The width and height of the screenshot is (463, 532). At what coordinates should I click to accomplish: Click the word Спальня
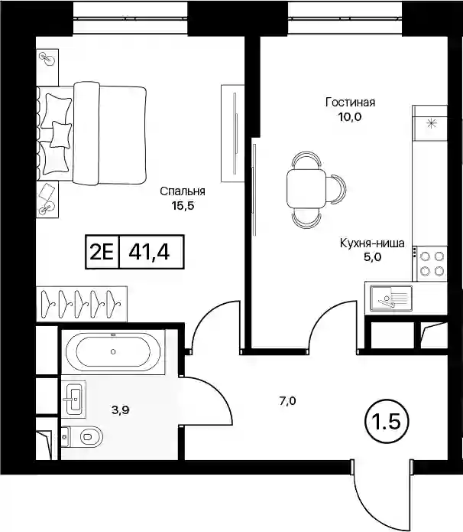click(x=183, y=191)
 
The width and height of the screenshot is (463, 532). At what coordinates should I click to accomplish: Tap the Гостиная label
click(x=350, y=102)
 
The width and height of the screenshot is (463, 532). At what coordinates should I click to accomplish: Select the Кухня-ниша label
click(x=372, y=243)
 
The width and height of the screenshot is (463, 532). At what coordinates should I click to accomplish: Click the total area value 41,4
click(x=149, y=252)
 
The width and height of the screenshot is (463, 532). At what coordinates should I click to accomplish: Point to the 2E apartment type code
click(x=102, y=252)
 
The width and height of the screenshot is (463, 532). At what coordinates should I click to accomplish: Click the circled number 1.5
click(x=387, y=422)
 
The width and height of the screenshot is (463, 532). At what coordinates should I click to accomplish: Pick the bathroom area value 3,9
click(x=121, y=410)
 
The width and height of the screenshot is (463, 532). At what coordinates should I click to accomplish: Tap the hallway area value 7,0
click(x=287, y=401)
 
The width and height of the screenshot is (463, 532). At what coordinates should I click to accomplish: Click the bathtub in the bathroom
click(x=113, y=352)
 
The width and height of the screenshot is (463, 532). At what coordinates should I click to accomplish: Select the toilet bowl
click(x=83, y=436)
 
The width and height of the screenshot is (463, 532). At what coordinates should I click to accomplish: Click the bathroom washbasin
click(x=74, y=400)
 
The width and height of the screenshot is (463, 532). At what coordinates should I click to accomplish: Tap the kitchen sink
click(x=390, y=298)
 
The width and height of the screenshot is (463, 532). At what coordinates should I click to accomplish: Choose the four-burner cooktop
click(x=432, y=264)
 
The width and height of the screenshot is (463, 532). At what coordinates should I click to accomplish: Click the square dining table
click(x=306, y=189)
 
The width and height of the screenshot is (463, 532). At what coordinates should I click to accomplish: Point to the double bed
click(x=92, y=133)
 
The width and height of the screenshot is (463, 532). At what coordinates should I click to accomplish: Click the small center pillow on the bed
click(x=61, y=135)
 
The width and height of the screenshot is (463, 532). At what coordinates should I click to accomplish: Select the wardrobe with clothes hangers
click(x=82, y=304)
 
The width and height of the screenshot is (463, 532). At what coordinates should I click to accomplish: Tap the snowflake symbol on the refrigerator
click(x=432, y=123)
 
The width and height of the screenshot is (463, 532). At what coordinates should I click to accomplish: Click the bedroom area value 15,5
click(x=183, y=206)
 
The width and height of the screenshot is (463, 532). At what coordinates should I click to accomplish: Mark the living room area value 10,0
click(x=350, y=117)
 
